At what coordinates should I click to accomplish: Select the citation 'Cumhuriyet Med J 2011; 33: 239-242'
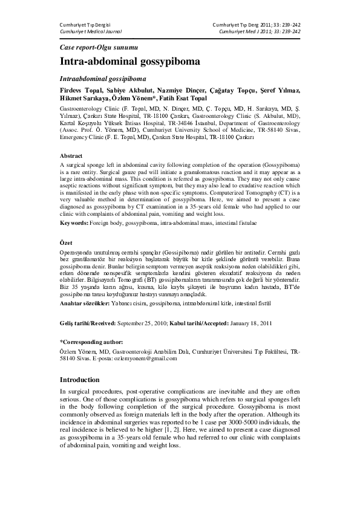(x=256, y=31)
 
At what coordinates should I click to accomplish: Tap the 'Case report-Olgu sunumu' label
(x=100, y=47)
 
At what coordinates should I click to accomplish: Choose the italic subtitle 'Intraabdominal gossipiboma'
(x=102, y=79)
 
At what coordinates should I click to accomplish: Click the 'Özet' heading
(x=67, y=242)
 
